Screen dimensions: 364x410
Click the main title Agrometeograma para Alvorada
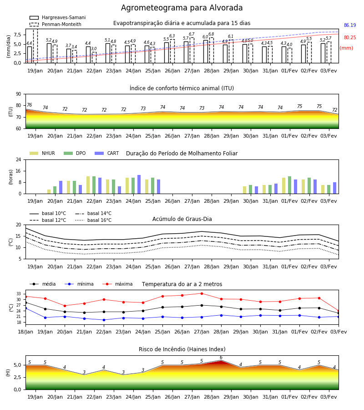pos(182,8)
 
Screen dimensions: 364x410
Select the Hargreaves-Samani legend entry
pos(57,17)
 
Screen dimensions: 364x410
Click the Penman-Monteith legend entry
pos(56,24)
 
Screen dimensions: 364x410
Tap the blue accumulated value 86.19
pos(350,25)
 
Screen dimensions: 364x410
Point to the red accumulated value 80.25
pos(350,37)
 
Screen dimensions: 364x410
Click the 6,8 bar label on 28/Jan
pos(211,34)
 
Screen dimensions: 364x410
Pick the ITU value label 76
pos(29,105)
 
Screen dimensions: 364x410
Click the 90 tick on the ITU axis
pos(19,94)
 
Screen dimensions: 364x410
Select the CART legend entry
pos(107,153)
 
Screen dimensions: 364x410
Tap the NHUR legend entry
pos(42,153)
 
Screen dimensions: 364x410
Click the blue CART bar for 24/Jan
pos(139,184)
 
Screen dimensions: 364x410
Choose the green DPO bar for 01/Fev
pos(289,185)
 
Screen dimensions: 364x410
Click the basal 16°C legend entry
pos(93,220)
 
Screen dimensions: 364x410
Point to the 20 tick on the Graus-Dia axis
pos(19,225)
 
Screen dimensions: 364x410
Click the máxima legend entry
pos(117,284)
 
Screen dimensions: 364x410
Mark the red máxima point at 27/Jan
pos(202,293)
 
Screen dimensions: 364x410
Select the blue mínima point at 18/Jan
pos(25,308)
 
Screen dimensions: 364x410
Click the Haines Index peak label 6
pos(221,358)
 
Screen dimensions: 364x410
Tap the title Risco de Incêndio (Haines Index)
pos(182,349)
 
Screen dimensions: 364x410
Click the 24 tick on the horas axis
pos(19,159)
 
